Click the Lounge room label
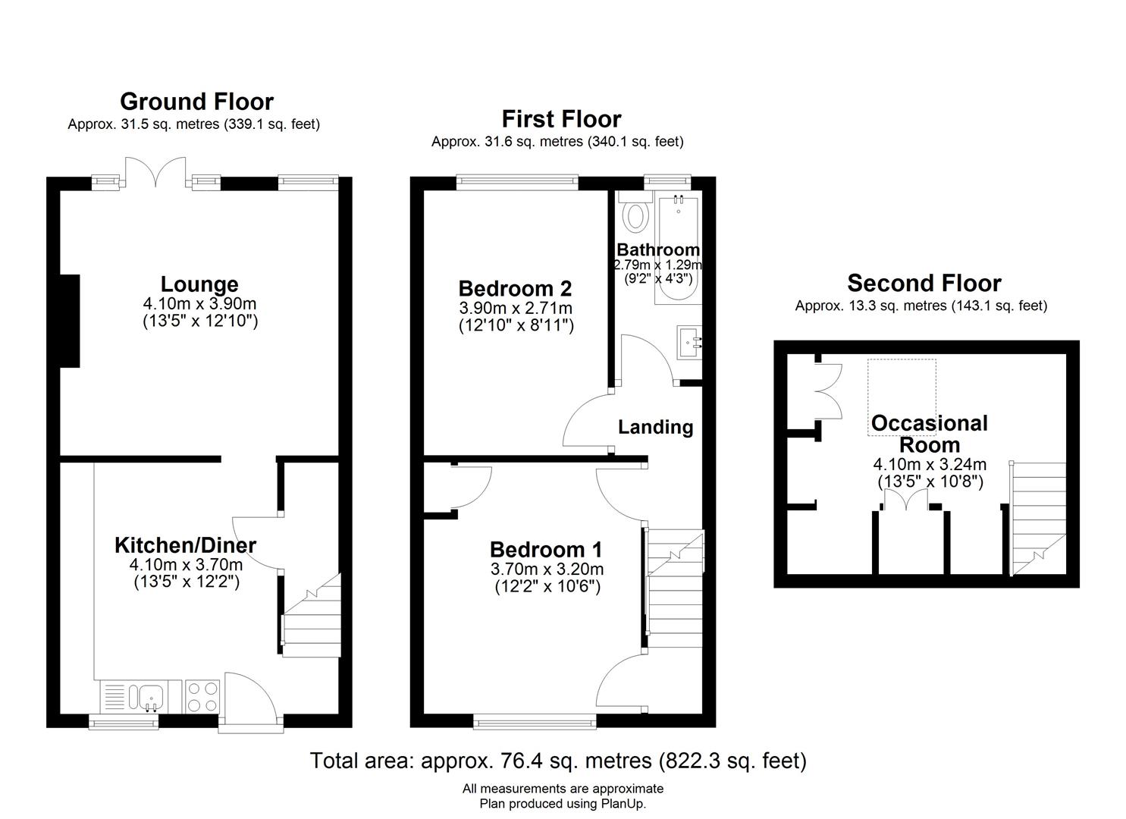[199, 284]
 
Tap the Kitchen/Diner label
[186, 545]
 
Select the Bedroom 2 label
[516, 289]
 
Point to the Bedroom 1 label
[546, 550]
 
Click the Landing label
[655, 427]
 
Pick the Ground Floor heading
[196, 102]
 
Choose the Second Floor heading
[924, 283]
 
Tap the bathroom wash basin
[689, 342]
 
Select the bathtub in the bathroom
[678, 251]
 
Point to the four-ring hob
[202, 696]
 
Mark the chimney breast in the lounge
[70, 321]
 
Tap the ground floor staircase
[311, 615]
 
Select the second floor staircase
[1037, 519]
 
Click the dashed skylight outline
[902, 397]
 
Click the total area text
[558, 761]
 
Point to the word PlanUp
[623, 803]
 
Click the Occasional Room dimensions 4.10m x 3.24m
[930, 463]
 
